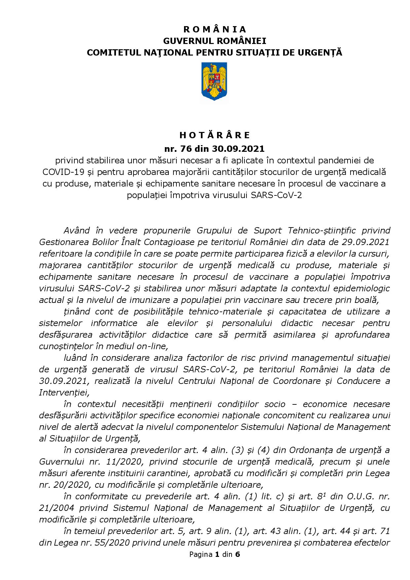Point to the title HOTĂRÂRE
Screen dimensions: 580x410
(215, 135)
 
